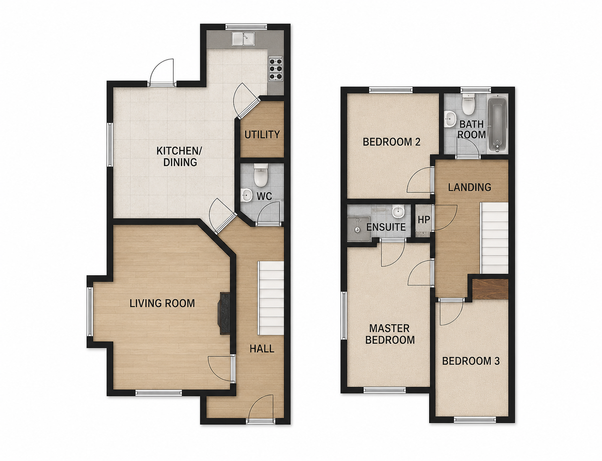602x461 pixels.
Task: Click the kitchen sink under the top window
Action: (x=243, y=38)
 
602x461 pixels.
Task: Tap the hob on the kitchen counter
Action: (x=276, y=68)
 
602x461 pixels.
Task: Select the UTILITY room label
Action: (x=262, y=134)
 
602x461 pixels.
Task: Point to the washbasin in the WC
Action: (x=246, y=195)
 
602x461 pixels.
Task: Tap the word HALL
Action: (x=262, y=349)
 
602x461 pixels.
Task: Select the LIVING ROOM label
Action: (x=162, y=303)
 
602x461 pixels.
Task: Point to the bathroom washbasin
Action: (x=450, y=119)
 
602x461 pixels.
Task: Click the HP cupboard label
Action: (x=424, y=220)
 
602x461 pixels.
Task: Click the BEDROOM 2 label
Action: (x=391, y=142)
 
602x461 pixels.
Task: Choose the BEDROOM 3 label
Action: (x=471, y=361)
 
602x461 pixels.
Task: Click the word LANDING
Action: (x=469, y=187)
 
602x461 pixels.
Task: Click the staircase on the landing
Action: (x=495, y=238)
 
